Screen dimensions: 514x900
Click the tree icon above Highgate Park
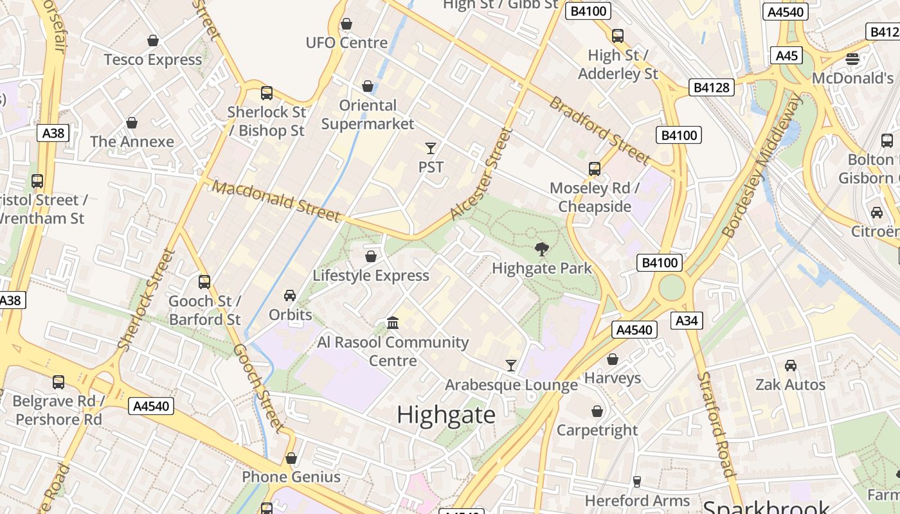click(x=542, y=249)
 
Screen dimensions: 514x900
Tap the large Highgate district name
click(x=446, y=415)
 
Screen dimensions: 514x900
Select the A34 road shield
click(x=687, y=321)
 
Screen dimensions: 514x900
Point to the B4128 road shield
click(x=712, y=87)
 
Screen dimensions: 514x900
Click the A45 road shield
click(x=787, y=55)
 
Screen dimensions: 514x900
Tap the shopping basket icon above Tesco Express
click(x=153, y=41)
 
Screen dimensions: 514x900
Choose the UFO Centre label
click(x=346, y=43)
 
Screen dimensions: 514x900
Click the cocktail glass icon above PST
click(x=431, y=148)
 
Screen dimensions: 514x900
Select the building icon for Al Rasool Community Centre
click(x=392, y=322)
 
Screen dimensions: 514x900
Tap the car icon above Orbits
click(x=290, y=296)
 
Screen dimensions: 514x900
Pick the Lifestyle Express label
click(x=370, y=276)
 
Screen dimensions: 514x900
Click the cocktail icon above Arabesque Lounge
click(x=511, y=366)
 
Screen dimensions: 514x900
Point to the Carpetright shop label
click(x=597, y=430)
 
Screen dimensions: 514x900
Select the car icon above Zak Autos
click(x=791, y=366)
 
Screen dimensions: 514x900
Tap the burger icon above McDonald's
click(x=852, y=59)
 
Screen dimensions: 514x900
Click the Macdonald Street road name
click(x=276, y=201)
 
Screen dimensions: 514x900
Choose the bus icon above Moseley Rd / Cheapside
click(x=595, y=169)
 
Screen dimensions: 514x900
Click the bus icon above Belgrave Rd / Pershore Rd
click(x=59, y=382)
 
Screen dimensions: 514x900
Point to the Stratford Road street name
click(x=715, y=424)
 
